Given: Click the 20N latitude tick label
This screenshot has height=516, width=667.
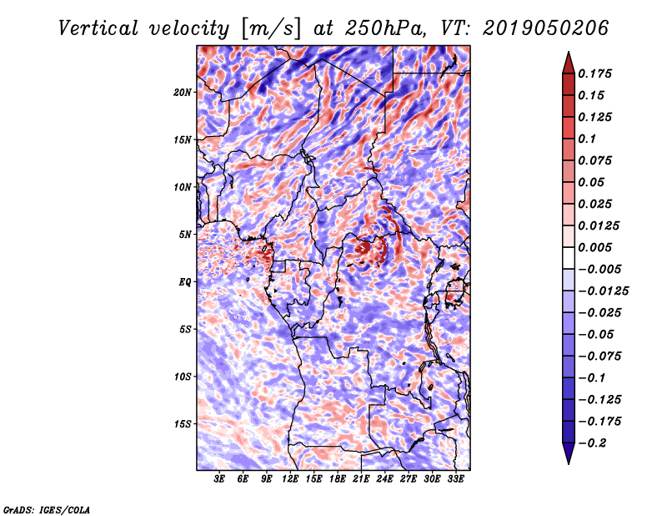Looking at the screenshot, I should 183,92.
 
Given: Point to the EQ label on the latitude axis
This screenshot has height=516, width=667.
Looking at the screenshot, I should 185,281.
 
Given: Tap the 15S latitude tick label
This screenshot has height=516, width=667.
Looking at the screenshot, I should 183,423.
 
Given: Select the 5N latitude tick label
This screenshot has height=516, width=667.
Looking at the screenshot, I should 185,234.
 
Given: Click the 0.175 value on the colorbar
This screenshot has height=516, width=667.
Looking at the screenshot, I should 597,73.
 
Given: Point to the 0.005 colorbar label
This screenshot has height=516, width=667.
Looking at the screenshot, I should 597,247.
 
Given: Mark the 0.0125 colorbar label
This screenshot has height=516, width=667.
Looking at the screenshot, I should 600,225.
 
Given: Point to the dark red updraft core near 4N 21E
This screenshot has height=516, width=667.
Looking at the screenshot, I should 363,247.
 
